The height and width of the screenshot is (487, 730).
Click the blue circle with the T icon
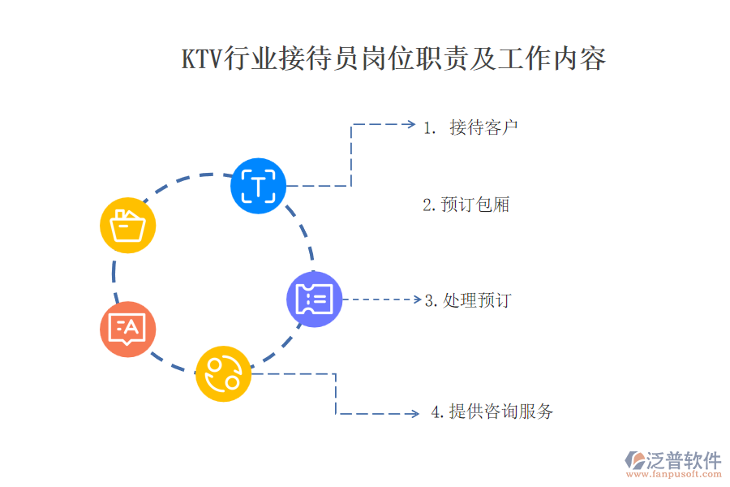[x=258, y=186]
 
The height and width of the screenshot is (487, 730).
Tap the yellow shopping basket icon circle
[x=128, y=225]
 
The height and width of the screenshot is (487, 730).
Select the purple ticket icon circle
[x=314, y=299]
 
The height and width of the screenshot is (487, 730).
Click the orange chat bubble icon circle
[x=128, y=329]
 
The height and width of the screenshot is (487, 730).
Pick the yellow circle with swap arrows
[x=223, y=373]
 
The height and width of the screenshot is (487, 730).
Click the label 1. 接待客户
[x=471, y=127]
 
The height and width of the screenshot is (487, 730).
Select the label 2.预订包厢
[x=466, y=205]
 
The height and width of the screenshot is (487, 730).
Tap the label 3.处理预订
[x=468, y=300]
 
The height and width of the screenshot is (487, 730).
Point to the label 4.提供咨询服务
[x=492, y=412]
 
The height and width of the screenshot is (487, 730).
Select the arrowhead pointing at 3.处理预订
[x=416, y=300]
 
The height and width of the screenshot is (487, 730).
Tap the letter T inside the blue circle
[x=258, y=187]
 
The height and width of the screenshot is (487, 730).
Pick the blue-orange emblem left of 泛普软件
[x=633, y=460]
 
